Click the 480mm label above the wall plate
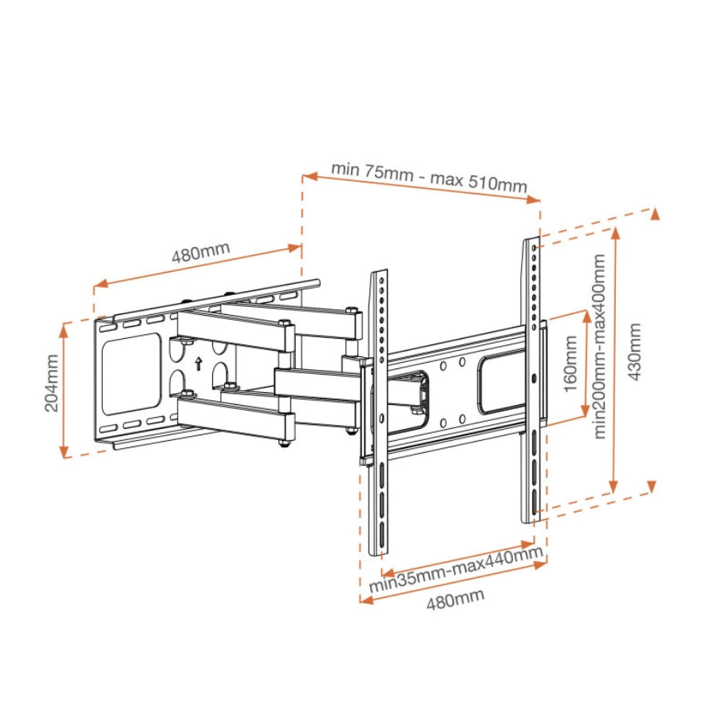tap(200, 253)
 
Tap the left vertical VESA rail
tap(380, 411)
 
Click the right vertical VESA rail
tap(532, 379)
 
